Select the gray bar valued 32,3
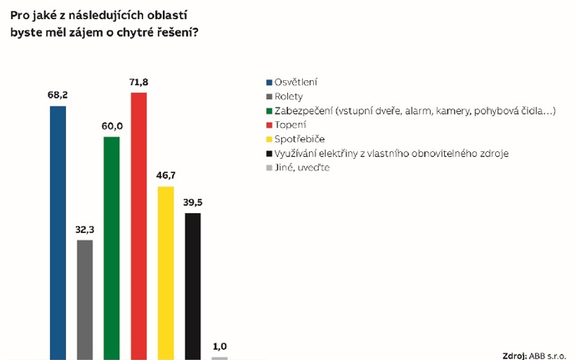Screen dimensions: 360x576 pos(84,299)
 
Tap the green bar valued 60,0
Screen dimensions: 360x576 pos(112,247)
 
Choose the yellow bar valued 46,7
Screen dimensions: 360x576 pos(166,272)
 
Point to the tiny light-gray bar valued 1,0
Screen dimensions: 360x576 pos(220,357)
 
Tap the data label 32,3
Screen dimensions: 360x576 pos(84,228)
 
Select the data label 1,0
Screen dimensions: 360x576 pos(220,347)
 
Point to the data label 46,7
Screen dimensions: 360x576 pos(166,176)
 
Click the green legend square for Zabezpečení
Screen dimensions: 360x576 pos(269,110)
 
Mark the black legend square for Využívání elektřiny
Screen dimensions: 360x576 pos(269,153)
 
